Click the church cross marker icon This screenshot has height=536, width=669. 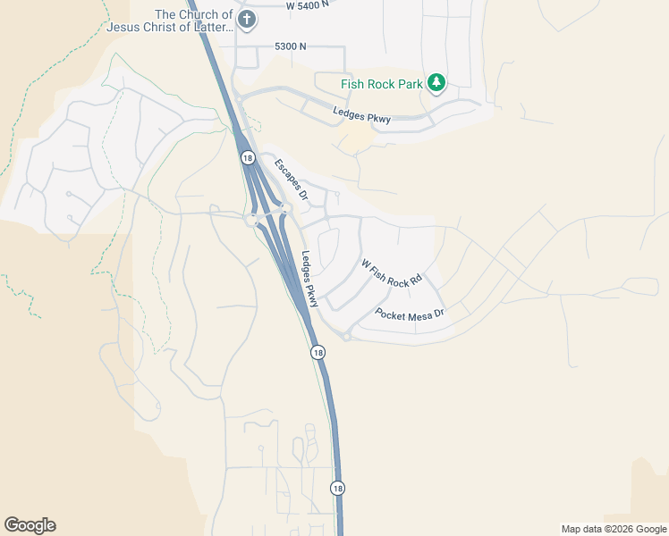pos(248,19)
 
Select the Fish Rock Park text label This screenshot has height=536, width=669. pos(382,85)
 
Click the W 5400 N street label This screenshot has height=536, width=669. pos(314,5)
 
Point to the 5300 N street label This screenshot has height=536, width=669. pos(290,46)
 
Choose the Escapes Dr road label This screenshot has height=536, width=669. pos(291,179)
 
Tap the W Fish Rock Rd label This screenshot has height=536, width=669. pos(391,273)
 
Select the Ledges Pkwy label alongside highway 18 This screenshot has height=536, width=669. pos(309,279)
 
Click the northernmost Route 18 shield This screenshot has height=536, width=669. pos(247,157)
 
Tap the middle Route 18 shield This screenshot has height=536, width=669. pos(318,353)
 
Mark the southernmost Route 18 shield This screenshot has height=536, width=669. pos(336,488)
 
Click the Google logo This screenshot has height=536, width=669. pos(30,525)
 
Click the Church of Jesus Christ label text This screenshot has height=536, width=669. pos(169,21)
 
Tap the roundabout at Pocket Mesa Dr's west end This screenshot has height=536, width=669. pos(345,336)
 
